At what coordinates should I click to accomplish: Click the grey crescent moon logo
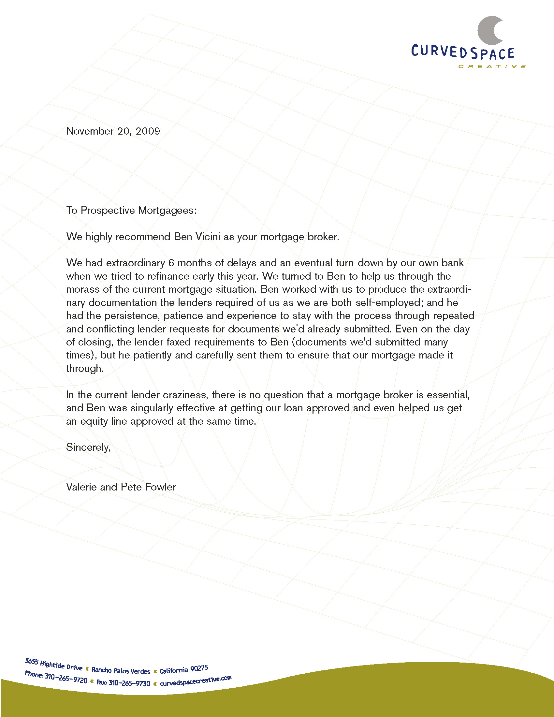(488, 31)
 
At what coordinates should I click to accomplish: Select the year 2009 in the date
(148, 131)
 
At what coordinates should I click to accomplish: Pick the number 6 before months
(171, 263)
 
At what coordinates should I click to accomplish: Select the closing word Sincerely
(88, 447)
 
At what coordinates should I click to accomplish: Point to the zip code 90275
(199, 668)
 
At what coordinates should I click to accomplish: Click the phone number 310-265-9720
(66, 678)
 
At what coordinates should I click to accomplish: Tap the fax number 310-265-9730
(129, 683)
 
